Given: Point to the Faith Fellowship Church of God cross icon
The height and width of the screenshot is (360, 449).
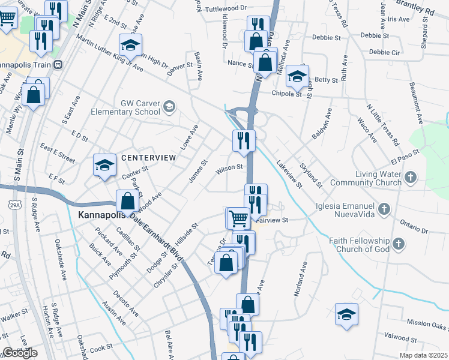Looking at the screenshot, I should coord(398,244).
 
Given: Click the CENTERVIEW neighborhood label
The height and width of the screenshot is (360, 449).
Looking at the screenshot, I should coord(148,157).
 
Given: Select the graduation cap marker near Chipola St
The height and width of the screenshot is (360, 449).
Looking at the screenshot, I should coord(296,76).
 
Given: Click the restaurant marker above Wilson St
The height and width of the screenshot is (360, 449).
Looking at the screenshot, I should coord(244,140).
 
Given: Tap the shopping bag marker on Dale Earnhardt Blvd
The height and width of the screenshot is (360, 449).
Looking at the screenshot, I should coord(127,202).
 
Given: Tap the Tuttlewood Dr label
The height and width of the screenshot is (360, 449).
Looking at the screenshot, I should coord(226,9).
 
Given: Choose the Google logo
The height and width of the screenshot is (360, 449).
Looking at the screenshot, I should coord(20,353).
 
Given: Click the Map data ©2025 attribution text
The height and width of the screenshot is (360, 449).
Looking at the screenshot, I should coord(424,355).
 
